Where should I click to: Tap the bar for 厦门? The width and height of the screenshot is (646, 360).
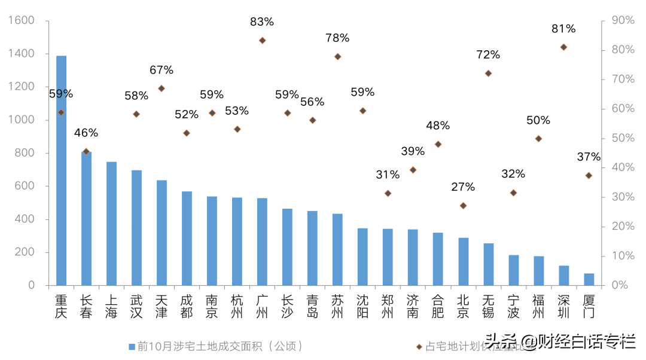click(x=589, y=279)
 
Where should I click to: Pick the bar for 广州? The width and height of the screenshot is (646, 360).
click(x=262, y=242)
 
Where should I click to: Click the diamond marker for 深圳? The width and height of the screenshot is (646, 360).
click(x=563, y=47)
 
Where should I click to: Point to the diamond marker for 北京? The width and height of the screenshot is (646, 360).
click(x=463, y=205)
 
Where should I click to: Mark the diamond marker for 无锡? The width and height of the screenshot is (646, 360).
click(x=488, y=73)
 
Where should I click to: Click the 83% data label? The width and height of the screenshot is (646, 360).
click(x=262, y=22)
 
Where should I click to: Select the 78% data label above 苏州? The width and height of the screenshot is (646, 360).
click(x=337, y=38)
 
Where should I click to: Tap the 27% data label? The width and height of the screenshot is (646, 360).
click(x=463, y=187)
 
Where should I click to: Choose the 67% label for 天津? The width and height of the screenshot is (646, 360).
click(x=161, y=70)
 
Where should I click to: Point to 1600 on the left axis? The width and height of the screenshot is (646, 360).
click(x=22, y=21)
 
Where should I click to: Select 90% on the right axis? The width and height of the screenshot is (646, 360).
click(x=623, y=21)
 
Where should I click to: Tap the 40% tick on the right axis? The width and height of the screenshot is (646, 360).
click(x=623, y=167)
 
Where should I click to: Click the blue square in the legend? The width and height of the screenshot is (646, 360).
click(x=132, y=346)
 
